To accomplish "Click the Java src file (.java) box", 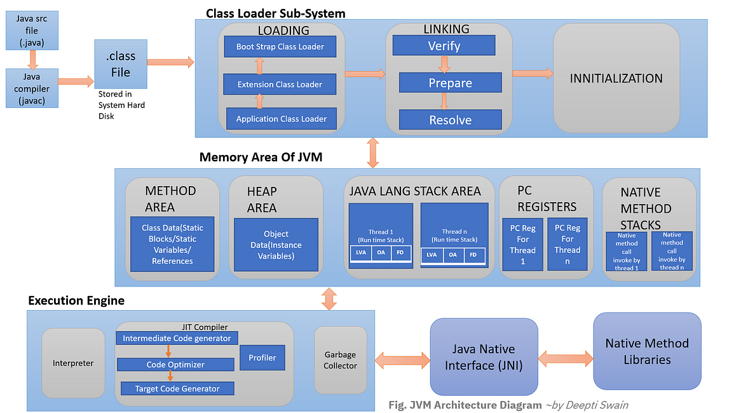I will tap(27, 29).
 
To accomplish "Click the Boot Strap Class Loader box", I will tap(280, 46).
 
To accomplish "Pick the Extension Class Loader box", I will tap(280, 84).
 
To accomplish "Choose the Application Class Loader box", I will tap(281, 118).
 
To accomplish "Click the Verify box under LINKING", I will tap(444, 45).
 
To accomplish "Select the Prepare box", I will tap(450, 83).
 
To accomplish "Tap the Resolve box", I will tap(450, 119).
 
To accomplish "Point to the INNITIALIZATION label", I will tap(616, 78).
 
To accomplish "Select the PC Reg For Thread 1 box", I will tap(522, 244).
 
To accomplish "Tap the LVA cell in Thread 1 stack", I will tap(361, 253).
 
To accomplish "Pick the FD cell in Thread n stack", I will tap(472, 255).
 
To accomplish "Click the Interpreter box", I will tap(73, 363).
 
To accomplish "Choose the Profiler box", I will tap(262, 358).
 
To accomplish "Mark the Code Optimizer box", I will tap(175, 365).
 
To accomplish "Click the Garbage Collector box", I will tap(340, 360).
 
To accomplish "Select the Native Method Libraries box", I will tap(646, 351).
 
